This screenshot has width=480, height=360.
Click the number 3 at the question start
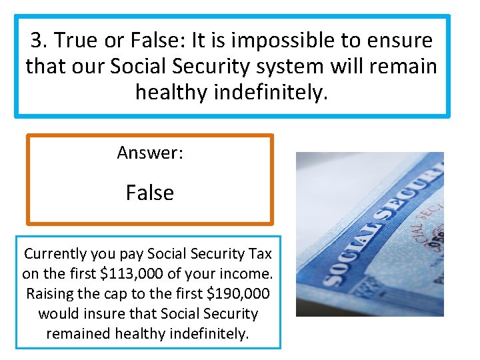[x=37, y=41]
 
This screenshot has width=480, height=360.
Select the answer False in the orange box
[x=150, y=193]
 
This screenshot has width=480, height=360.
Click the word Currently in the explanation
[x=56, y=254]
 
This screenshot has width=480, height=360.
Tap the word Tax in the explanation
[x=259, y=254]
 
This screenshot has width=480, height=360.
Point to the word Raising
[x=50, y=293]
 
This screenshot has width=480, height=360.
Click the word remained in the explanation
[x=78, y=333]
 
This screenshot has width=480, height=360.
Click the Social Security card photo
[x=369, y=233]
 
